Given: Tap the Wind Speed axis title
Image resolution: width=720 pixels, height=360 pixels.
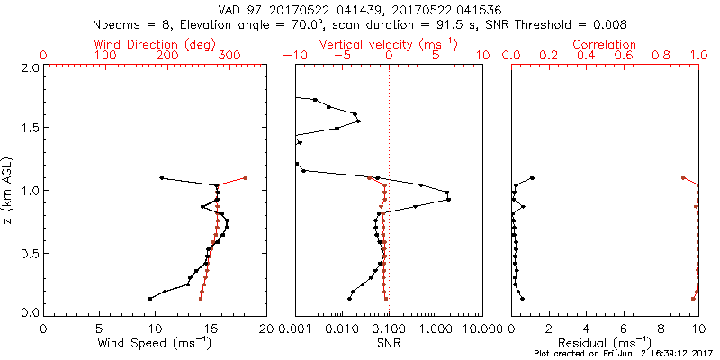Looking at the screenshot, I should click(x=155, y=344).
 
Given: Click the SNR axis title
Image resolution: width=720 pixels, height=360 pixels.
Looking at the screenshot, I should click(x=389, y=344).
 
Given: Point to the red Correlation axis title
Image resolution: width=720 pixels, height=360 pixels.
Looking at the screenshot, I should click(x=605, y=44).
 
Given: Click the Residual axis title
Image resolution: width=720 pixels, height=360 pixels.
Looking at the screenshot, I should click(x=605, y=344).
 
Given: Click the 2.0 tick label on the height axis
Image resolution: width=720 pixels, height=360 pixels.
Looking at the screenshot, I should click(x=29, y=67).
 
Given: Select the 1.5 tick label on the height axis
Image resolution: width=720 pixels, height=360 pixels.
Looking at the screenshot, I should click(x=29, y=129).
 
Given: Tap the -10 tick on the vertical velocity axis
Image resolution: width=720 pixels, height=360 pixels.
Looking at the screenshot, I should click(x=295, y=56).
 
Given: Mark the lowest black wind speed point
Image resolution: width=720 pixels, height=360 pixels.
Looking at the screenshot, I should click(x=150, y=299).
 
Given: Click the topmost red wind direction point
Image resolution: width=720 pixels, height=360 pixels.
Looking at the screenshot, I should click(x=245, y=178).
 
